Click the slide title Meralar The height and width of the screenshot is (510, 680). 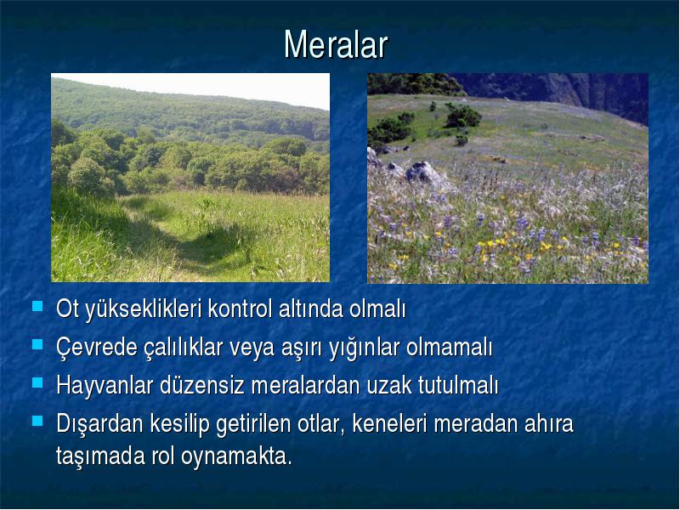pos(336,45)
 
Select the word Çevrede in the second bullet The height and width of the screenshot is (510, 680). pos(97,348)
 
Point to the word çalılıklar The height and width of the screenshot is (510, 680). pos(183,348)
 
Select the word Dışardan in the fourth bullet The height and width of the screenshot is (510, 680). pos(99,423)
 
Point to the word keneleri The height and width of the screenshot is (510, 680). pos(389,423)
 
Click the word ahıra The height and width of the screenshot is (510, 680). pos(548,423)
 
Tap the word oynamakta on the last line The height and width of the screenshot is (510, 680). pos(235,456)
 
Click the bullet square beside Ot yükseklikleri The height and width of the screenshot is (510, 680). pos(37,306)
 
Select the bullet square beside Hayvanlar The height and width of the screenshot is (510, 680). pos(37,382)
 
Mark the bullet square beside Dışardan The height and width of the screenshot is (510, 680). pos(37,421)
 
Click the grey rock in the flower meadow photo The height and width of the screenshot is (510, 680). pos(422,173)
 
